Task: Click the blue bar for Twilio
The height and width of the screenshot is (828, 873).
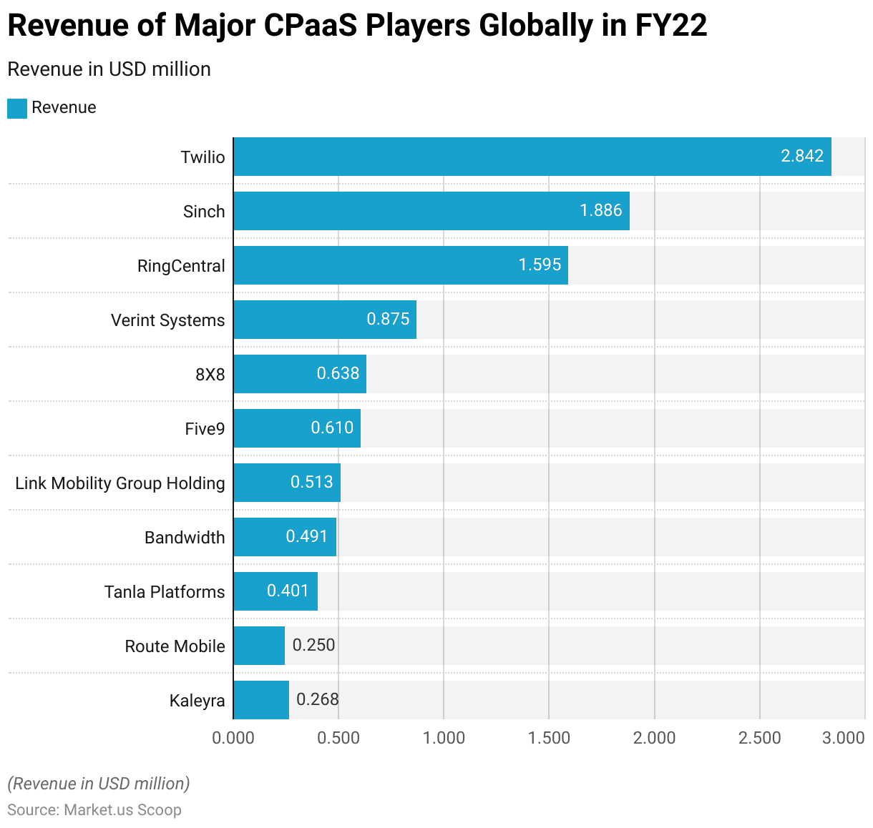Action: [x=532, y=157]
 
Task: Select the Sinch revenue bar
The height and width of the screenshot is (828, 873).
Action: [x=431, y=211]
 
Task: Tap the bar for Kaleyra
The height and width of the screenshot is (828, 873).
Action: [x=261, y=700]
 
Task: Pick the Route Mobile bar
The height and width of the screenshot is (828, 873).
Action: [x=259, y=646]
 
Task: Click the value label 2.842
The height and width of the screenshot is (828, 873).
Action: [x=802, y=156]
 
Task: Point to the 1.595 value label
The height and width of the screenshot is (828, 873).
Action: [x=540, y=265]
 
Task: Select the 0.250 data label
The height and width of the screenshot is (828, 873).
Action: [x=314, y=645]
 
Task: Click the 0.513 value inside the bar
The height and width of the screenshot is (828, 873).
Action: [x=311, y=482]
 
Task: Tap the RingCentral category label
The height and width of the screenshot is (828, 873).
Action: [x=181, y=266]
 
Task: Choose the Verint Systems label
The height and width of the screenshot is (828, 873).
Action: [x=167, y=320]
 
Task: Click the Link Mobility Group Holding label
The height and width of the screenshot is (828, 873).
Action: [x=120, y=483]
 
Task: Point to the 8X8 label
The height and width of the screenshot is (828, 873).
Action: [x=210, y=375]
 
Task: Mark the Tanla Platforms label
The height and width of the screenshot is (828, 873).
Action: [x=165, y=592]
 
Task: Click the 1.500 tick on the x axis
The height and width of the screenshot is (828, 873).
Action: [x=549, y=738]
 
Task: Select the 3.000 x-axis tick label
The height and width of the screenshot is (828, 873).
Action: [x=843, y=738]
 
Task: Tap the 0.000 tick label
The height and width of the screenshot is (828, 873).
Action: [x=233, y=738]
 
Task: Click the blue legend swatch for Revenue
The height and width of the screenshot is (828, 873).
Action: [x=17, y=108]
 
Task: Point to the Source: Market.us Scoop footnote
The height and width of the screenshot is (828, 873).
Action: [x=94, y=810]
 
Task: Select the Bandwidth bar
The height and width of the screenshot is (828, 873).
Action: [x=285, y=537]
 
